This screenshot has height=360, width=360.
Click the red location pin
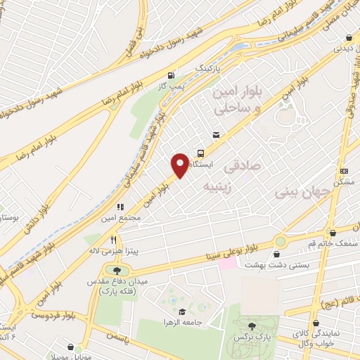[181, 165]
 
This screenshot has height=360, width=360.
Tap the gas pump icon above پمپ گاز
[172, 75]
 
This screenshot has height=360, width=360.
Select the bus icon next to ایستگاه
[201, 153]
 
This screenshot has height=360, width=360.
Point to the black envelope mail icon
[216, 135]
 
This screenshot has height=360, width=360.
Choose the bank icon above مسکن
[344, 171]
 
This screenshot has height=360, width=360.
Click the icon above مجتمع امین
[120, 207]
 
